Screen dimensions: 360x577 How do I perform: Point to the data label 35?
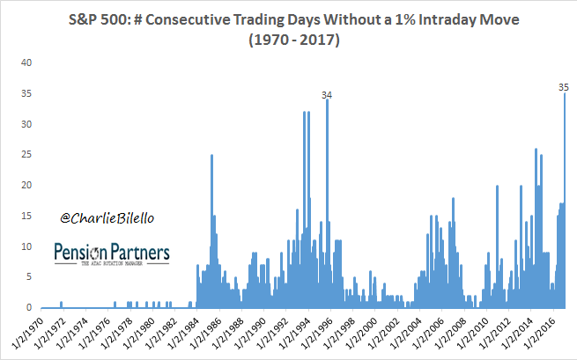point(565,87)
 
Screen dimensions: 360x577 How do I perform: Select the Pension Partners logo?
point(112,254)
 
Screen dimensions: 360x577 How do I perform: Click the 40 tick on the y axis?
point(26,62)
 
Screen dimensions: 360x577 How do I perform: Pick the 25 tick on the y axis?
point(26,155)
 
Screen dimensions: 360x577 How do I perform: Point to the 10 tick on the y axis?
point(26,246)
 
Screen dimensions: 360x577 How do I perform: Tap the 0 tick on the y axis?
point(28,308)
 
